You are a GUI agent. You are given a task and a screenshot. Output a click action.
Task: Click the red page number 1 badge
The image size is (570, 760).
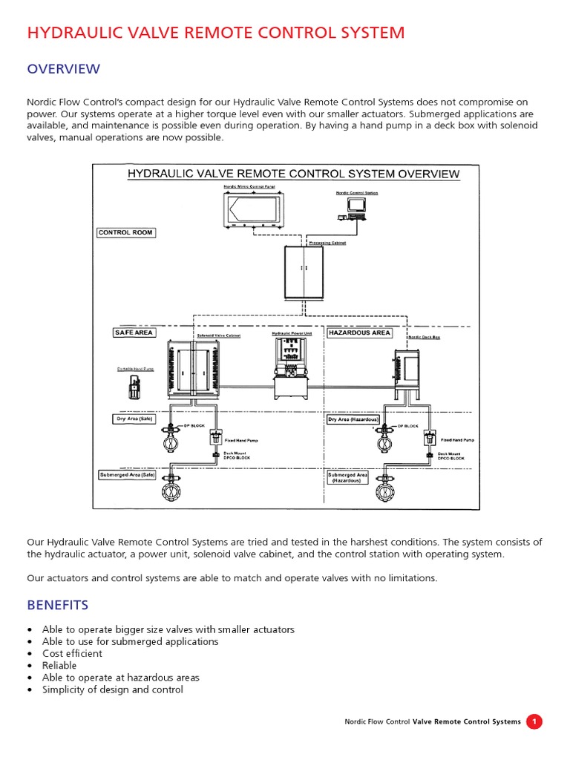click(x=534, y=721)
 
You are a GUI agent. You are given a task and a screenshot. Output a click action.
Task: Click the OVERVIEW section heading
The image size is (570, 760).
click(x=63, y=69)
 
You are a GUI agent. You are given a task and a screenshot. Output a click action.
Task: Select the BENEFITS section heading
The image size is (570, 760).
click(x=57, y=604)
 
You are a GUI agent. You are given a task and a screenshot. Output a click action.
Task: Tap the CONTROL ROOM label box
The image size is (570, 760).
click(x=125, y=232)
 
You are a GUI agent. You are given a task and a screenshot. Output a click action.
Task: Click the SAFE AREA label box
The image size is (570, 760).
click(x=134, y=332)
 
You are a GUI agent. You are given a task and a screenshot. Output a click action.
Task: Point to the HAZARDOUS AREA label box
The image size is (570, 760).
click(x=359, y=332)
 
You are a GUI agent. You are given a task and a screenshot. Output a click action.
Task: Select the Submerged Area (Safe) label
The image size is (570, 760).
click(x=128, y=474)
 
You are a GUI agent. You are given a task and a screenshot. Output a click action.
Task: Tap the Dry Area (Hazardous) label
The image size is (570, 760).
click(x=353, y=419)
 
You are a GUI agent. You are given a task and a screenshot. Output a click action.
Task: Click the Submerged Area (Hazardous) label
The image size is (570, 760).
click(x=348, y=477)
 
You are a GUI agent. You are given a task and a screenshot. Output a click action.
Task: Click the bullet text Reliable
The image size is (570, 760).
click(x=59, y=666)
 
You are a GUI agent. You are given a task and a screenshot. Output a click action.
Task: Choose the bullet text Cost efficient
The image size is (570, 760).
click(x=72, y=654)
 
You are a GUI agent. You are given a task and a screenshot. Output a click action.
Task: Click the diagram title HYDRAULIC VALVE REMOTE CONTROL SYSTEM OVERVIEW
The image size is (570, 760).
click(x=293, y=174)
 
